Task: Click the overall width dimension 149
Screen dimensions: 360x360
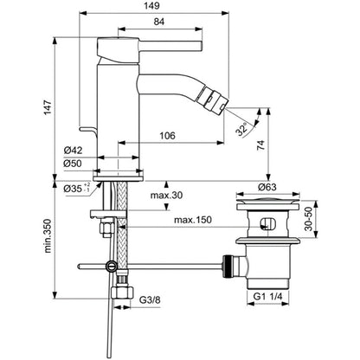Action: point(152,5)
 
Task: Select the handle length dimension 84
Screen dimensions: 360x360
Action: point(159,22)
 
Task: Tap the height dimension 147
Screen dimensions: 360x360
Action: point(48,107)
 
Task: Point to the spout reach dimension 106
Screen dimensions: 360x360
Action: point(168,135)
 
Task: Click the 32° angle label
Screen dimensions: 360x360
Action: point(241,129)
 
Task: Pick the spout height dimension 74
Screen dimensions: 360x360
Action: point(260,145)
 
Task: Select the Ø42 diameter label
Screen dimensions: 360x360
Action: point(73,151)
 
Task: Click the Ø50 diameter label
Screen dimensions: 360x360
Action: point(73,164)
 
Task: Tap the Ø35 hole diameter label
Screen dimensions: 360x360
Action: point(77,188)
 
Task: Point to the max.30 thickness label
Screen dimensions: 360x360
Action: point(166,196)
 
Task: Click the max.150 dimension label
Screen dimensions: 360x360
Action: point(193,220)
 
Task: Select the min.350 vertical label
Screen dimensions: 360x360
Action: point(48,236)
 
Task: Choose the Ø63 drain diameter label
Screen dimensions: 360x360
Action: point(267,187)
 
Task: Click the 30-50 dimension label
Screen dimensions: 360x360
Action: point(309,219)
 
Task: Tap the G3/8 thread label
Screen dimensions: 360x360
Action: point(150,300)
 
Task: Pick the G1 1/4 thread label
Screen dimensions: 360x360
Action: point(267,296)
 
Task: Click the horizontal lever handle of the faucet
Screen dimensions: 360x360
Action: point(170,46)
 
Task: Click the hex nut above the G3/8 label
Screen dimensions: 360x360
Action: point(123,293)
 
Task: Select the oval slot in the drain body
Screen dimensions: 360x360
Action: point(268,224)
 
